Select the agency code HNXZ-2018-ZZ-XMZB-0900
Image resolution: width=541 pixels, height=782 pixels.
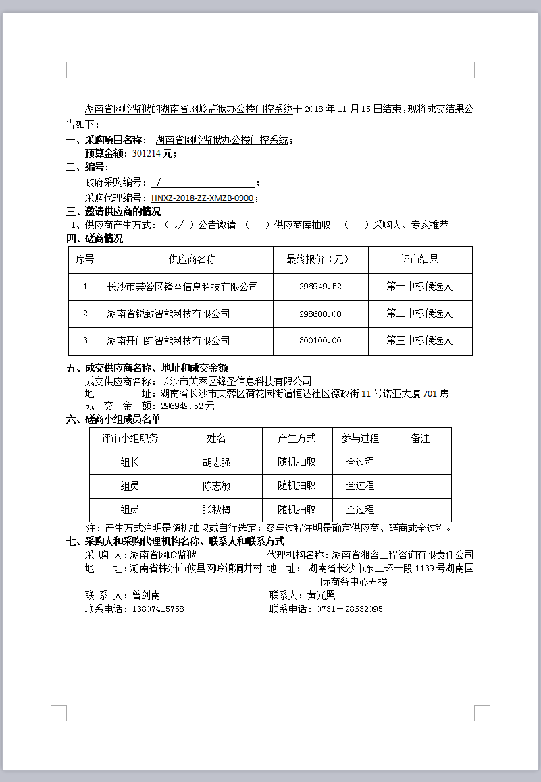(203, 198)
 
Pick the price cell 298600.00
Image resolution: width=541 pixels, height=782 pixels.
(320, 314)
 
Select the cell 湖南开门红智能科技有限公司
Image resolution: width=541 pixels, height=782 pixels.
(169, 341)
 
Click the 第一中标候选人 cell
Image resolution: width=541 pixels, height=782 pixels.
(419, 287)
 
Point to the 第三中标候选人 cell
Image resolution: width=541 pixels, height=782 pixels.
(419, 341)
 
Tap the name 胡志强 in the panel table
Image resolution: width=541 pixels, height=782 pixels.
(216, 463)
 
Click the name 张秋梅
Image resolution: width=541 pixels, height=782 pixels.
(216, 510)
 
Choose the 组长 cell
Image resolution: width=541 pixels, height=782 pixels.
(130, 463)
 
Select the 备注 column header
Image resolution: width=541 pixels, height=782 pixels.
(420, 439)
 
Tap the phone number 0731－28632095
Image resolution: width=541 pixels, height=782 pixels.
(344, 609)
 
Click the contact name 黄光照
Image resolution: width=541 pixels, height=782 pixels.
(321, 595)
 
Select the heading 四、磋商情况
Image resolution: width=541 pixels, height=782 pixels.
(95, 238)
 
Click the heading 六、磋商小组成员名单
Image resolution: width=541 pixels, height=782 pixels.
(113, 419)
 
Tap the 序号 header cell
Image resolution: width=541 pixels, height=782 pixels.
(85, 260)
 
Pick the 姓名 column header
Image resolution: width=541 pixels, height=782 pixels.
(216, 439)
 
